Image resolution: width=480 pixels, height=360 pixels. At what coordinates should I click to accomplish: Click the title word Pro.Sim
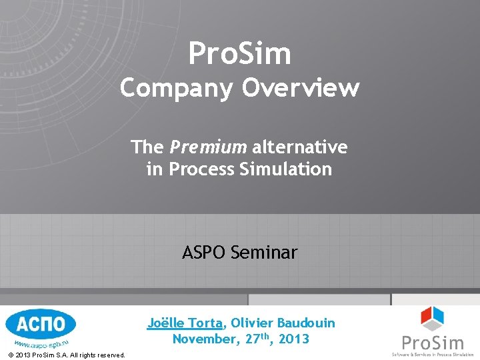tap(239, 54)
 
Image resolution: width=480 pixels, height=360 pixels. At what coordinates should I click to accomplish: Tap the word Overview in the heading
tap(301, 88)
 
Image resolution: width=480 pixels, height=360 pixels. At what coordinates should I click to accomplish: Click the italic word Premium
tap(208, 146)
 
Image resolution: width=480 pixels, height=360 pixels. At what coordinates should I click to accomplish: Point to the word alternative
tap(299, 146)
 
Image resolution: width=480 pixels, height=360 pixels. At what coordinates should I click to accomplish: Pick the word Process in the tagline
tap(199, 169)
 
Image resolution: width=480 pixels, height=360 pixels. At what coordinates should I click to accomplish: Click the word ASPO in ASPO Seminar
tap(204, 253)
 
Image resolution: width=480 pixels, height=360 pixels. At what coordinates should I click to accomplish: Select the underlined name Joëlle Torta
tap(185, 323)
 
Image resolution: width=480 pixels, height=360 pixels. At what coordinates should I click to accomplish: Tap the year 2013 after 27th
tap(293, 339)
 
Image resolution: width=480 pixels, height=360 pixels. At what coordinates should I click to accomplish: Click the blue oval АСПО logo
tap(40, 325)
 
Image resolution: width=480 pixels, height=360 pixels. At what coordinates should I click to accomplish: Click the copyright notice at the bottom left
tap(67, 355)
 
